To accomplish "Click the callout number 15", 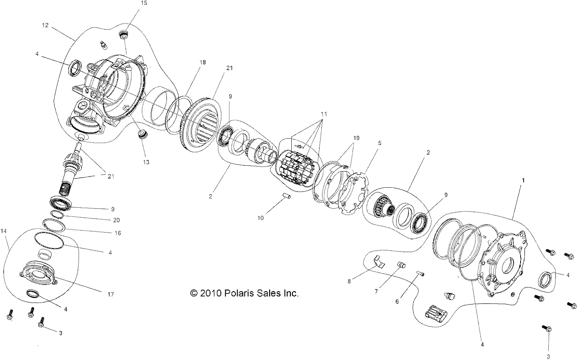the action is tap(144, 3).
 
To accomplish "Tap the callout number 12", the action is tap(45, 25).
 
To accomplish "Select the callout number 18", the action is tap(203, 62).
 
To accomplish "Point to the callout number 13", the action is tap(146, 162).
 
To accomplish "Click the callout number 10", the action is tap(260, 218).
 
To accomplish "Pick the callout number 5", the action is tap(380, 143).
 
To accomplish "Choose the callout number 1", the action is tap(523, 180).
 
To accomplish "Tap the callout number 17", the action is tap(111, 294).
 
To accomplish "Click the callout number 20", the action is tap(116, 220).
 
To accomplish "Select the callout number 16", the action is tap(118, 233).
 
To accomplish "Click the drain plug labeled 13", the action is tap(142, 135).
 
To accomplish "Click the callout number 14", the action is tap(3, 231).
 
